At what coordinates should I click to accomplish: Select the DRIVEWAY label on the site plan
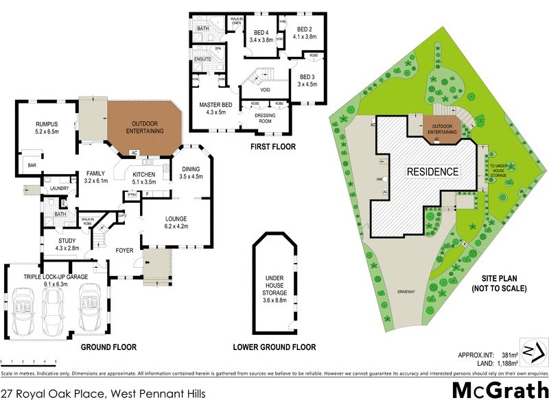(406, 292)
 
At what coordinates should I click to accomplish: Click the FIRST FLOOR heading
(273, 147)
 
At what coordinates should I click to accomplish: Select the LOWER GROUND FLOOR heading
(274, 347)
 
